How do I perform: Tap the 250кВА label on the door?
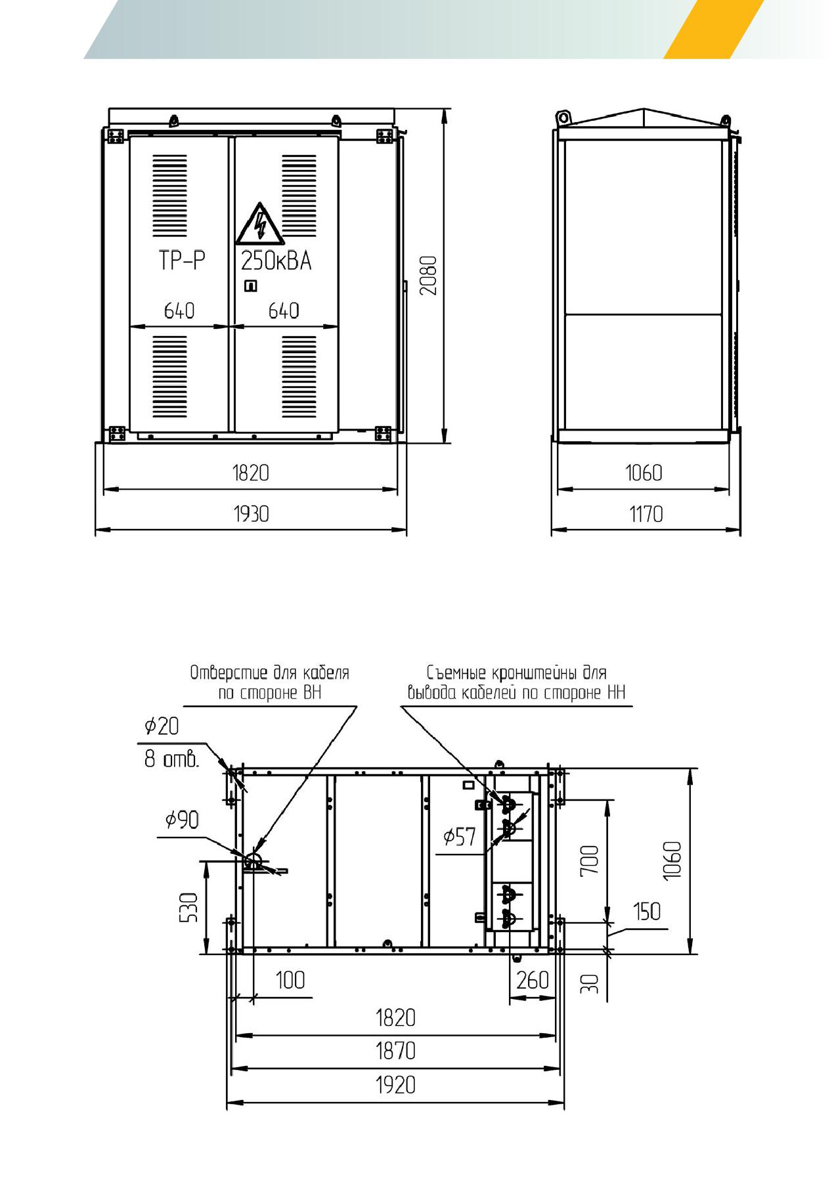click(x=276, y=261)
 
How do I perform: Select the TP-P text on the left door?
click(x=181, y=261)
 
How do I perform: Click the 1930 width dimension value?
click(x=251, y=513)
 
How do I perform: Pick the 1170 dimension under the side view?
click(x=646, y=513)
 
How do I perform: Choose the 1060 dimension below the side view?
click(x=644, y=473)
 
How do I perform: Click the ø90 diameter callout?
click(x=182, y=820)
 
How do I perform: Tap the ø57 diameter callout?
click(x=459, y=837)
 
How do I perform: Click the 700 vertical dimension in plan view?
click(x=590, y=859)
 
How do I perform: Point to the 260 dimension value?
click(x=532, y=980)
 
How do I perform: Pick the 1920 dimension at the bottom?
click(x=395, y=1085)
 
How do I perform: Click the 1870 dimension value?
click(x=395, y=1051)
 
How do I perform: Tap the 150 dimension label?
click(x=647, y=912)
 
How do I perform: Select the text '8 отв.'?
click(x=171, y=760)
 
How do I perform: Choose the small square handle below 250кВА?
click(x=250, y=286)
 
